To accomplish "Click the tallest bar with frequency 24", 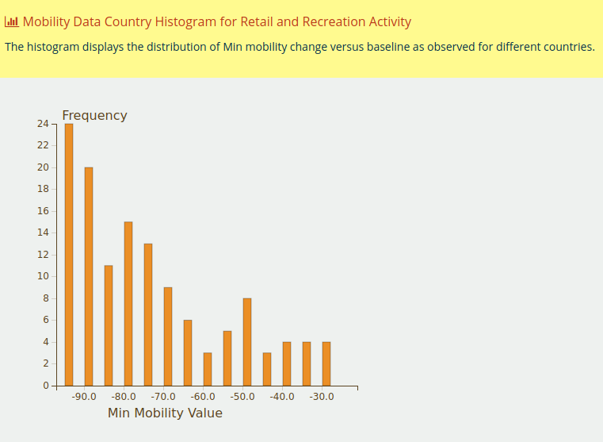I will [69, 254].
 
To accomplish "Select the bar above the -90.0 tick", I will [89, 276].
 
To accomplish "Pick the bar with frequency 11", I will [109, 325].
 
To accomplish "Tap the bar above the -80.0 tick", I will [128, 303].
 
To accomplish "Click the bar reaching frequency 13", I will [148, 314].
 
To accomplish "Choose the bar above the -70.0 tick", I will [168, 336].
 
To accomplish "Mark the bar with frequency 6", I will [188, 352].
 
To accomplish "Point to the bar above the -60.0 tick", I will [208, 369].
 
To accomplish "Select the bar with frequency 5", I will [227, 358].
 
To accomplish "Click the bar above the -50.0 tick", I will [247, 341].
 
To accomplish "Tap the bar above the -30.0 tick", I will [326, 363].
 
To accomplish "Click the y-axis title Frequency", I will [94, 115].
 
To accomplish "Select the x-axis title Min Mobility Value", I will [165, 413].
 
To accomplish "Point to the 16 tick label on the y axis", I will [43, 211].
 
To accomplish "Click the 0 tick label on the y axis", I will [46, 386].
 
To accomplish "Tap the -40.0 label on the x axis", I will [282, 396].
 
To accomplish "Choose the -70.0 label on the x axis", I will [163, 396].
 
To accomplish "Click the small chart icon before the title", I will [12, 22].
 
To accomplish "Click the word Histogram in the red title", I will [184, 22].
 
